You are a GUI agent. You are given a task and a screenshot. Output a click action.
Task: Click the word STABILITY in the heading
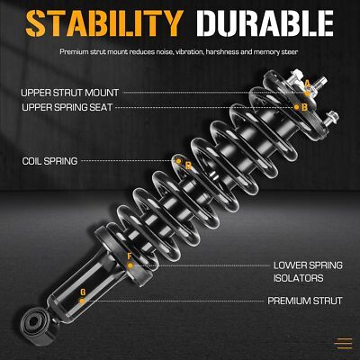pyautogui.click(x=104, y=23)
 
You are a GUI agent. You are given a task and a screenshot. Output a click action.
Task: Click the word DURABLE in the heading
pyautogui.click(x=265, y=23)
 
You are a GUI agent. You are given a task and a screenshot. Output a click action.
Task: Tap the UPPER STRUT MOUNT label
pyautogui.click(x=70, y=93)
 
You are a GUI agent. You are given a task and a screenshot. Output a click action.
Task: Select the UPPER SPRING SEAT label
pyautogui.click(x=67, y=107)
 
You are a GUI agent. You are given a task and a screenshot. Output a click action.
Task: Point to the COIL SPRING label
pyautogui.click(x=49, y=161)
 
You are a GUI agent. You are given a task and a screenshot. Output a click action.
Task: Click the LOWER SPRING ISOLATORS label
pyautogui.click(x=308, y=272)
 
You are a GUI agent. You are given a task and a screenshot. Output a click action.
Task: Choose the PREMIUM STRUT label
pyautogui.click(x=305, y=301)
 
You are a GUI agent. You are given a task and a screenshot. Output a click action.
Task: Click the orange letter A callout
pyautogui.click(x=307, y=84)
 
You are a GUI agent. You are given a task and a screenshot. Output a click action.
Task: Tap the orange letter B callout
pyautogui.click(x=304, y=107)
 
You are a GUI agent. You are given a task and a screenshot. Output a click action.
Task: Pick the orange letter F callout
pyautogui.click(x=130, y=256)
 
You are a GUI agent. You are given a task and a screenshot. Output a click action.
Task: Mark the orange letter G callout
pyautogui.click(x=83, y=292)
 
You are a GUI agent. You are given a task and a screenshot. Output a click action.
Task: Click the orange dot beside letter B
pyautogui.click(x=297, y=107)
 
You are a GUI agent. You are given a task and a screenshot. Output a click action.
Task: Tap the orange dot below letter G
pyautogui.click(x=82, y=301)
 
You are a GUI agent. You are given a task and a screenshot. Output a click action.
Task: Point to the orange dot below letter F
pyautogui.click(x=130, y=265)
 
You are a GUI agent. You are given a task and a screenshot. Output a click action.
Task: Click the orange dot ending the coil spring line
pyautogui.click(x=178, y=161)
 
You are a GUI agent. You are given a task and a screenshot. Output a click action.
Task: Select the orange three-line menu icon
pyautogui.click(x=344, y=344)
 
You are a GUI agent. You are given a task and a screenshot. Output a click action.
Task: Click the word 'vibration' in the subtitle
pyautogui.click(x=189, y=52)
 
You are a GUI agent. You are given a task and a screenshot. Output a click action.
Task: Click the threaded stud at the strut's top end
pyautogui.click(x=321, y=82)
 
